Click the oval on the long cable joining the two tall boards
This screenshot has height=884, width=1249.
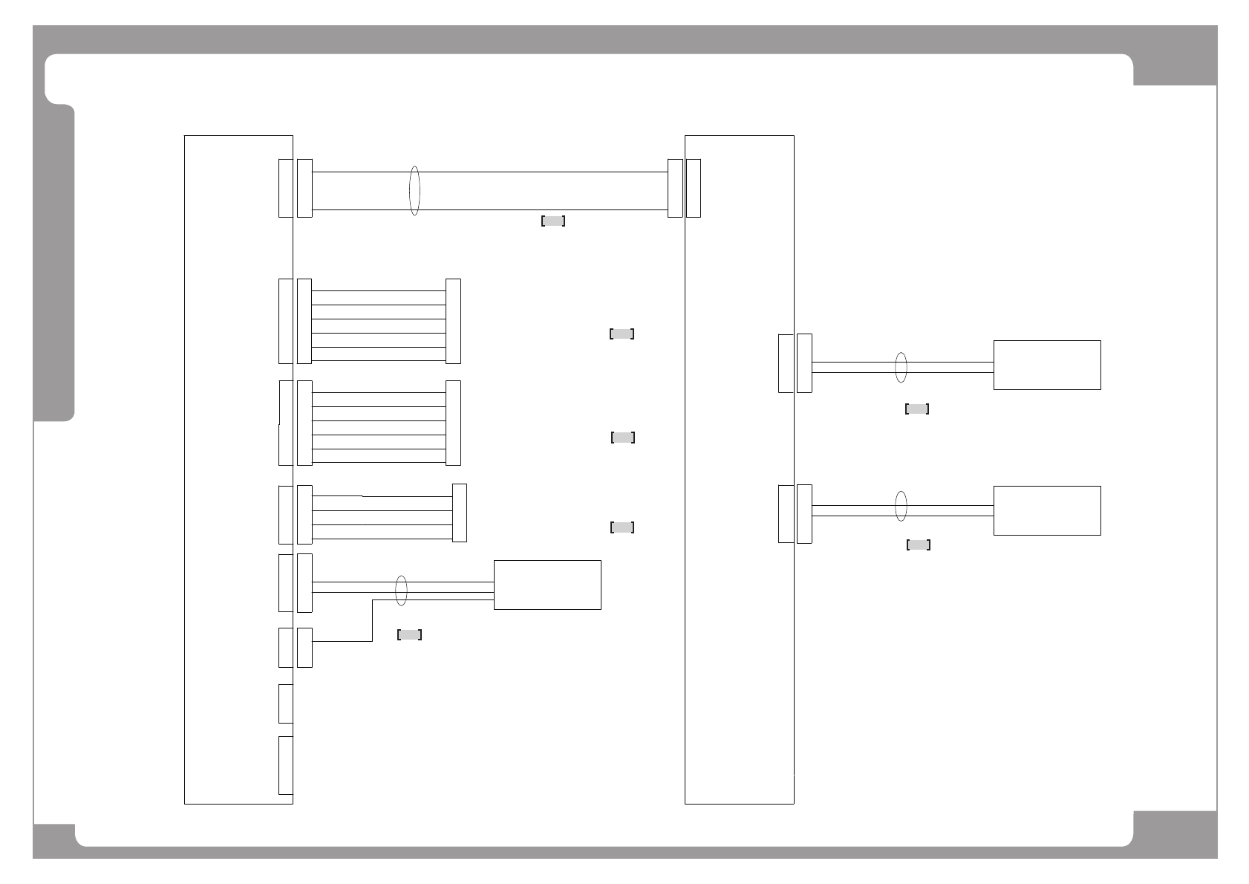point(414,191)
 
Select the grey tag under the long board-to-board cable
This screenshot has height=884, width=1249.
point(553,221)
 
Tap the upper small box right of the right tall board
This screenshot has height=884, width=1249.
point(1046,365)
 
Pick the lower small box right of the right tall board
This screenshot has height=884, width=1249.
point(1046,510)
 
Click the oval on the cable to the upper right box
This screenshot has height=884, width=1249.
point(901,367)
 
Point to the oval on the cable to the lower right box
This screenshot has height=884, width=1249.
point(901,506)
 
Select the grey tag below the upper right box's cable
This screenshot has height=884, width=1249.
point(917,409)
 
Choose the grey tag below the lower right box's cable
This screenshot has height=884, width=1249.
point(919,545)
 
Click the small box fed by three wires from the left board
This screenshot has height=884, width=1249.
point(547,585)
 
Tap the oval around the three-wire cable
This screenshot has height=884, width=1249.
point(401,590)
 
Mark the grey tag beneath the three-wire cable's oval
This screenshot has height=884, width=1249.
point(410,634)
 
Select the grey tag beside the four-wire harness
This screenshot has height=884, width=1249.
point(622,527)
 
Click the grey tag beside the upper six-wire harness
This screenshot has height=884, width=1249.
point(622,334)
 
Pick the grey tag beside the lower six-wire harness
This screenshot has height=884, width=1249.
point(622,438)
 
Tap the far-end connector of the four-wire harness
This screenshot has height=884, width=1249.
point(460,513)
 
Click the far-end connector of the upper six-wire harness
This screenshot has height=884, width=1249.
point(453,321)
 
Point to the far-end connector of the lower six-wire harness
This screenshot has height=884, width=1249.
point(453,423)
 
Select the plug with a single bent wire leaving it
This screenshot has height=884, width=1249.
point(304,647)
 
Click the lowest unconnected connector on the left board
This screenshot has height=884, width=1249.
point(285,765)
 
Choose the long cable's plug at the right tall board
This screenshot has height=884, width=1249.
point(675,189)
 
